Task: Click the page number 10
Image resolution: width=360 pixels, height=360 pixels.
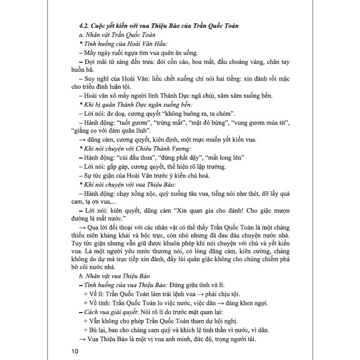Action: click(x=76, y=351)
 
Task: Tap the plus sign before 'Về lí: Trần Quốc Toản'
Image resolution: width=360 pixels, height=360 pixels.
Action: click(x=85, y=294)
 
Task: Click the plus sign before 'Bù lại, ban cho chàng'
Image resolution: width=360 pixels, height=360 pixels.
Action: click(x=85, y=330)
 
